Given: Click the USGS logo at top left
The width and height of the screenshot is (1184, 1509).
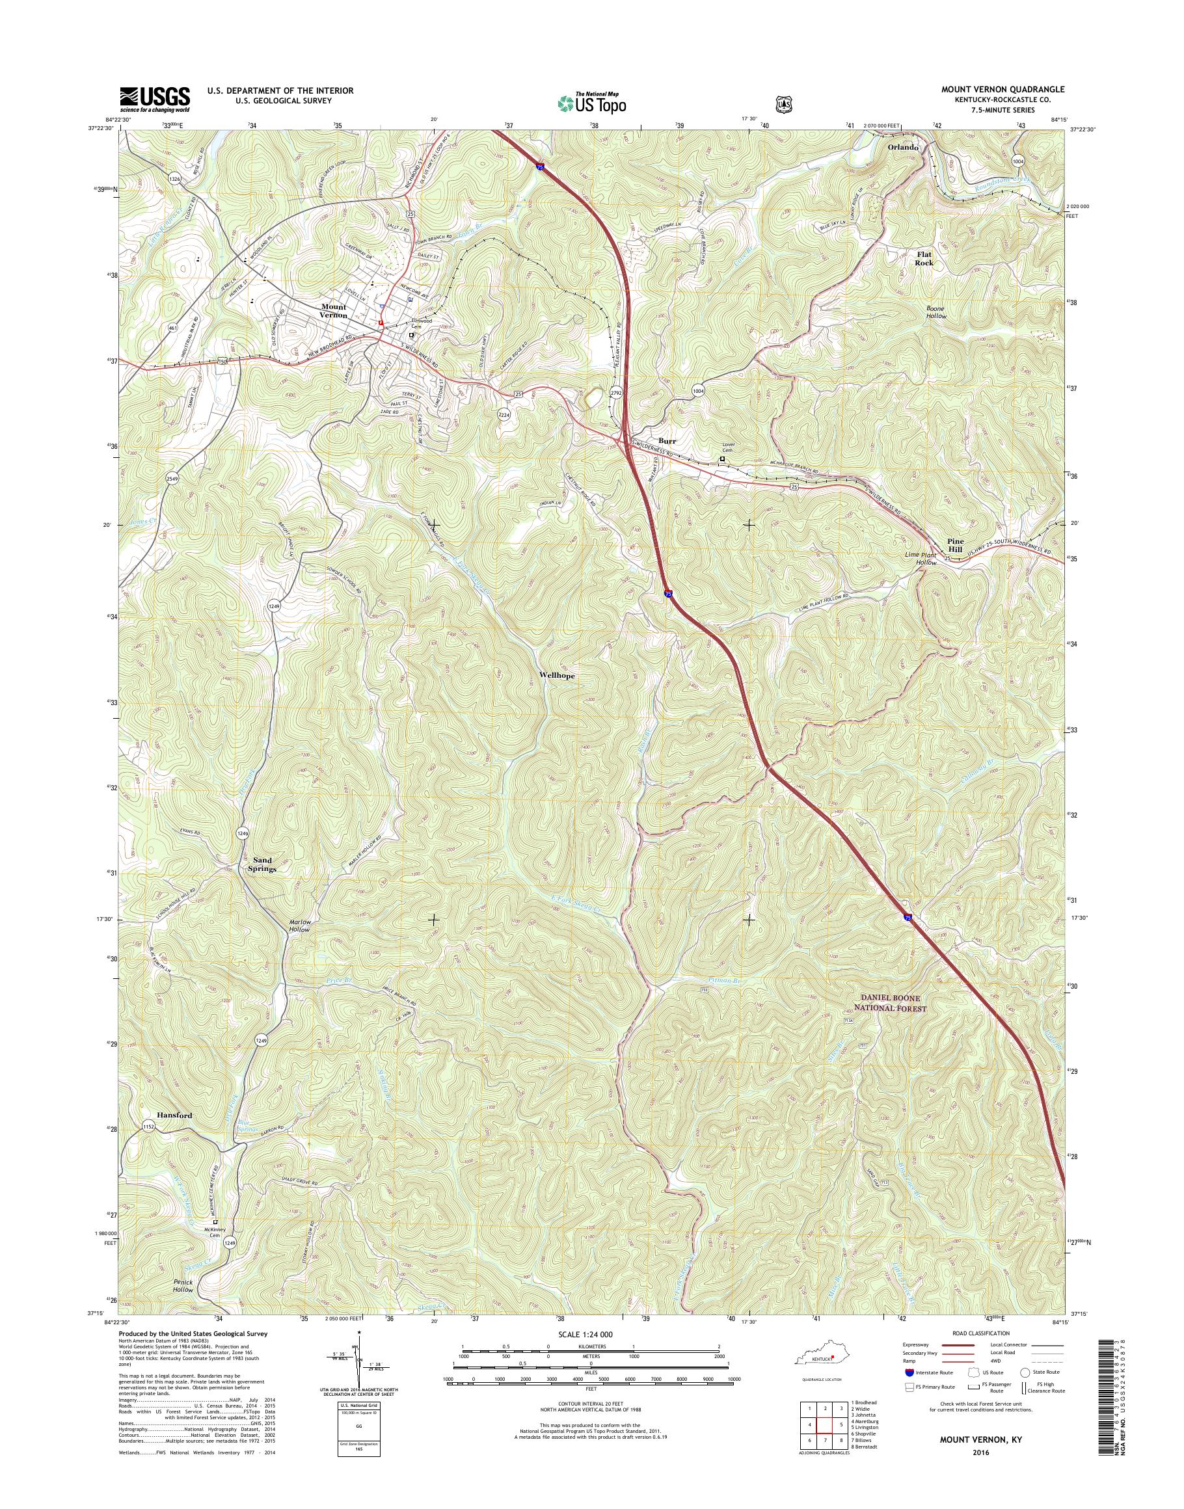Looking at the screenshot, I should click(155, 99).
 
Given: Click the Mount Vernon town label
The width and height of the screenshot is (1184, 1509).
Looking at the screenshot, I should click(334, 310).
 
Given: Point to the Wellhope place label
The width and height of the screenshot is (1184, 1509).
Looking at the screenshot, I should click(557, 675).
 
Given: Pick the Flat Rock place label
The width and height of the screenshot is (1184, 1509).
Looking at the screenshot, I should click(924, 259).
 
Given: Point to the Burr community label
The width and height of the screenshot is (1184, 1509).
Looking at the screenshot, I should click(667, 440).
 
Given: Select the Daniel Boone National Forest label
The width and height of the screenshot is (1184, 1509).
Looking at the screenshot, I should click(889, 1002).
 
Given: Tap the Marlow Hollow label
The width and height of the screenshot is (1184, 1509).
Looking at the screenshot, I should click(299, 926).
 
